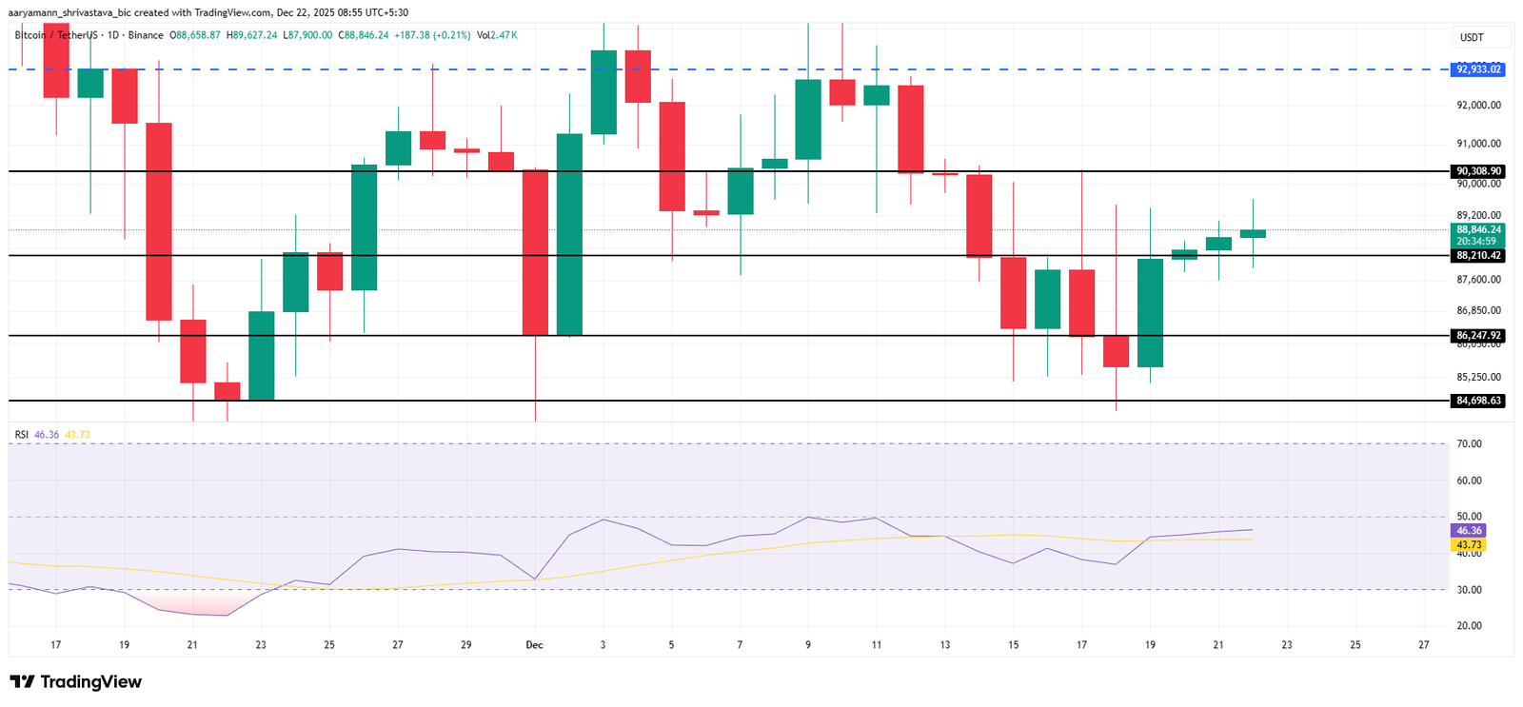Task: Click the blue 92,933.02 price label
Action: tap(1478, 69)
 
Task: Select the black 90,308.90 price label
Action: tap(1478, 171)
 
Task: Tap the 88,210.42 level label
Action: tap(1478, 256)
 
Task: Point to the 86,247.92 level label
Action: tap(1478, 336)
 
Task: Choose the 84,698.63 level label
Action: tap(1478, 401)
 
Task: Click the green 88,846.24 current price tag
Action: tap(1478, 230)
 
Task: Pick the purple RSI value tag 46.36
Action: tap(1469, 531)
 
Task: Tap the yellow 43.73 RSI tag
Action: tap(1469, 545)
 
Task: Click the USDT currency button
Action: tap(1472, 37)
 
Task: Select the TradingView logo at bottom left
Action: tap(76, 681)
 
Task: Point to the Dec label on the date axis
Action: tap(535, 645)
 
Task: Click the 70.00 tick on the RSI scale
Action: tap(1469, 444)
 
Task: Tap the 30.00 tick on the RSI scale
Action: tap(1469, 590)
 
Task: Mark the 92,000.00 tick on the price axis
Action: tap(1478, 106)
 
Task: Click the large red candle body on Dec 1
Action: tap(535, 252)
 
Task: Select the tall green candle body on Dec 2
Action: tap(569, 234)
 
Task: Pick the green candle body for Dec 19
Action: tap(1150, 313)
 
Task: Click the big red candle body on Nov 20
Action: tap(158, 222)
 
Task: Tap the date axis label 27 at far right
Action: tap(1423, 645)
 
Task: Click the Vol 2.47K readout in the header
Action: tap(498, 35)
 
